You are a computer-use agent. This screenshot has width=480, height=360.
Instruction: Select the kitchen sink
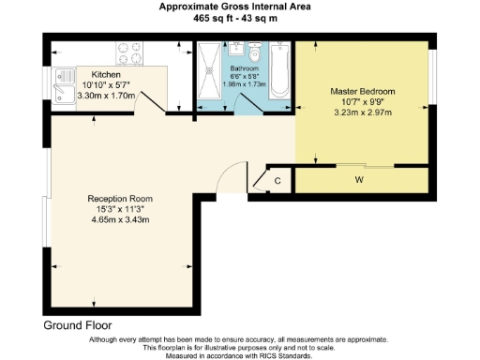65,82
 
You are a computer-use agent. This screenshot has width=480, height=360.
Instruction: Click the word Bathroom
247,68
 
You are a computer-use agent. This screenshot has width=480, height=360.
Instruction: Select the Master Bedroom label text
362,91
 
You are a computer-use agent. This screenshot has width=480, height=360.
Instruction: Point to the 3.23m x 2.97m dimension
362,111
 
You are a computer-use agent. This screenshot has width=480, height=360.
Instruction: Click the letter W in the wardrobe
360,178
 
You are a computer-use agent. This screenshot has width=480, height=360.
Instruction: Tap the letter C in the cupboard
277,180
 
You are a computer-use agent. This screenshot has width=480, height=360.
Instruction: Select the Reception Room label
119,199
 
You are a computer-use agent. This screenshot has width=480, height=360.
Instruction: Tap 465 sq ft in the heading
213,17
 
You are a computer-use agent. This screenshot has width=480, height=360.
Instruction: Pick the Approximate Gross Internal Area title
239,6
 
